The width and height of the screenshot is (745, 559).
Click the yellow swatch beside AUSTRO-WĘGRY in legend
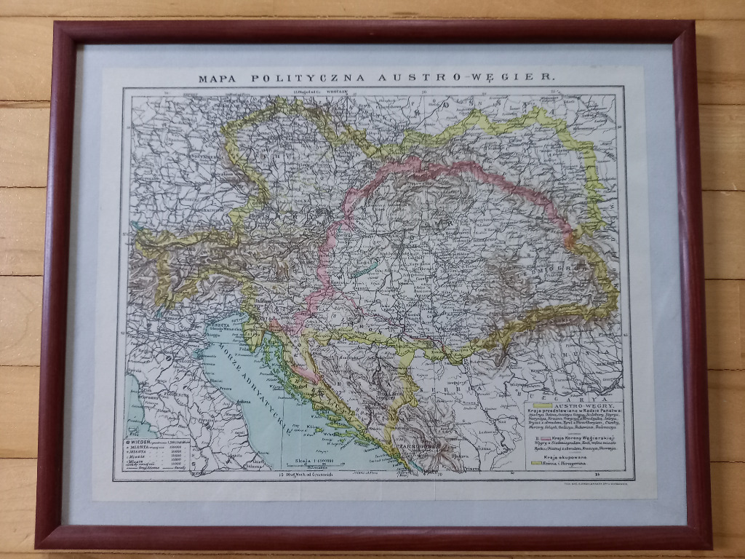point(541,405)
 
